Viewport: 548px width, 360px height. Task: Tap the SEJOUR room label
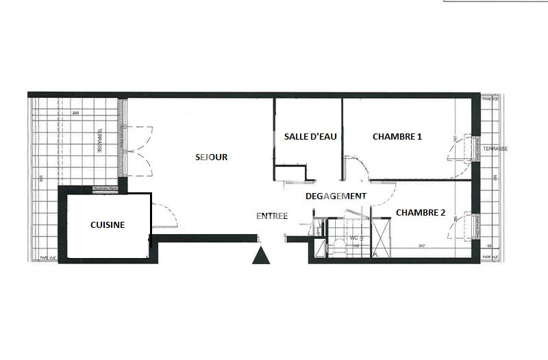[210, 157]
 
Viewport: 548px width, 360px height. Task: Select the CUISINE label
[108, 225]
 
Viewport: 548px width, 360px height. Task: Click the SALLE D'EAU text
[308, 136]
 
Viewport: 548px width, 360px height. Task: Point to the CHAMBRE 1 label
[397, 136]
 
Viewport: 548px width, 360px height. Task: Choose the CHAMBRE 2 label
[421, 212]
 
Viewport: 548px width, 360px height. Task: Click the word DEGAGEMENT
[336, 196]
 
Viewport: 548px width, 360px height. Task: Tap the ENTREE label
[272, 216]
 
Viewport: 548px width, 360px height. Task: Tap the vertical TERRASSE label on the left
[99, 141]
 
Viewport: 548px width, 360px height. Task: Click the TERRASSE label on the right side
[495, 149]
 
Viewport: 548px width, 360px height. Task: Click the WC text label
[354, 238]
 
